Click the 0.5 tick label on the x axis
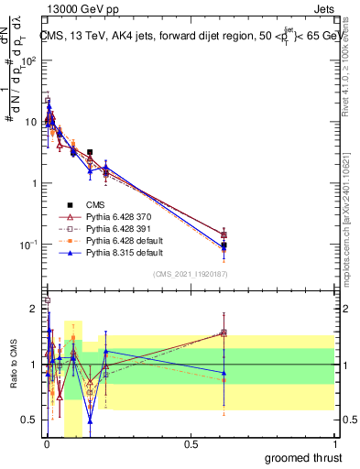click(x=191, y=446)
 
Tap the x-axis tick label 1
click(x=335, y=446)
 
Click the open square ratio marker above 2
click(x=48, y=300)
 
